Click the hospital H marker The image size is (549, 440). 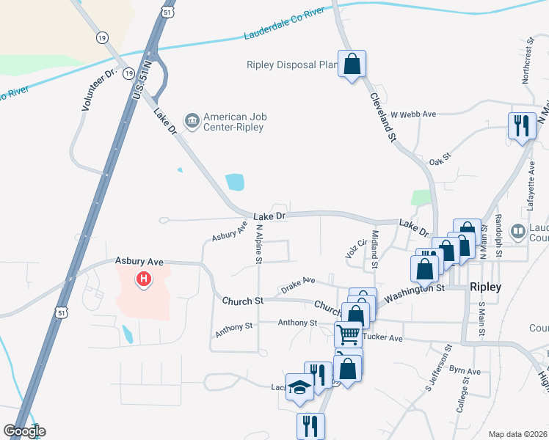pos(144,279)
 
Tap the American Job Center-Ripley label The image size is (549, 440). pos(234,122)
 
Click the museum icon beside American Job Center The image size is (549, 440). pos(192,120)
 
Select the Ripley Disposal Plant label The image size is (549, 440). pos(291,65)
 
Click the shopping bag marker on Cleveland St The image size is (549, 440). pos(352,64)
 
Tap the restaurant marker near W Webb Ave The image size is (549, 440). pos(522,125)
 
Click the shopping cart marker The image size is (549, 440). pos(348,334)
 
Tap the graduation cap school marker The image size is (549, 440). pos(299,386)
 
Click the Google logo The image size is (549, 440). pos(24,431)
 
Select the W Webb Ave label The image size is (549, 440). pos(413,114)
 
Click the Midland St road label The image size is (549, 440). pos(374,248)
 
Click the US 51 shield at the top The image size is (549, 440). pos(167,12)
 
